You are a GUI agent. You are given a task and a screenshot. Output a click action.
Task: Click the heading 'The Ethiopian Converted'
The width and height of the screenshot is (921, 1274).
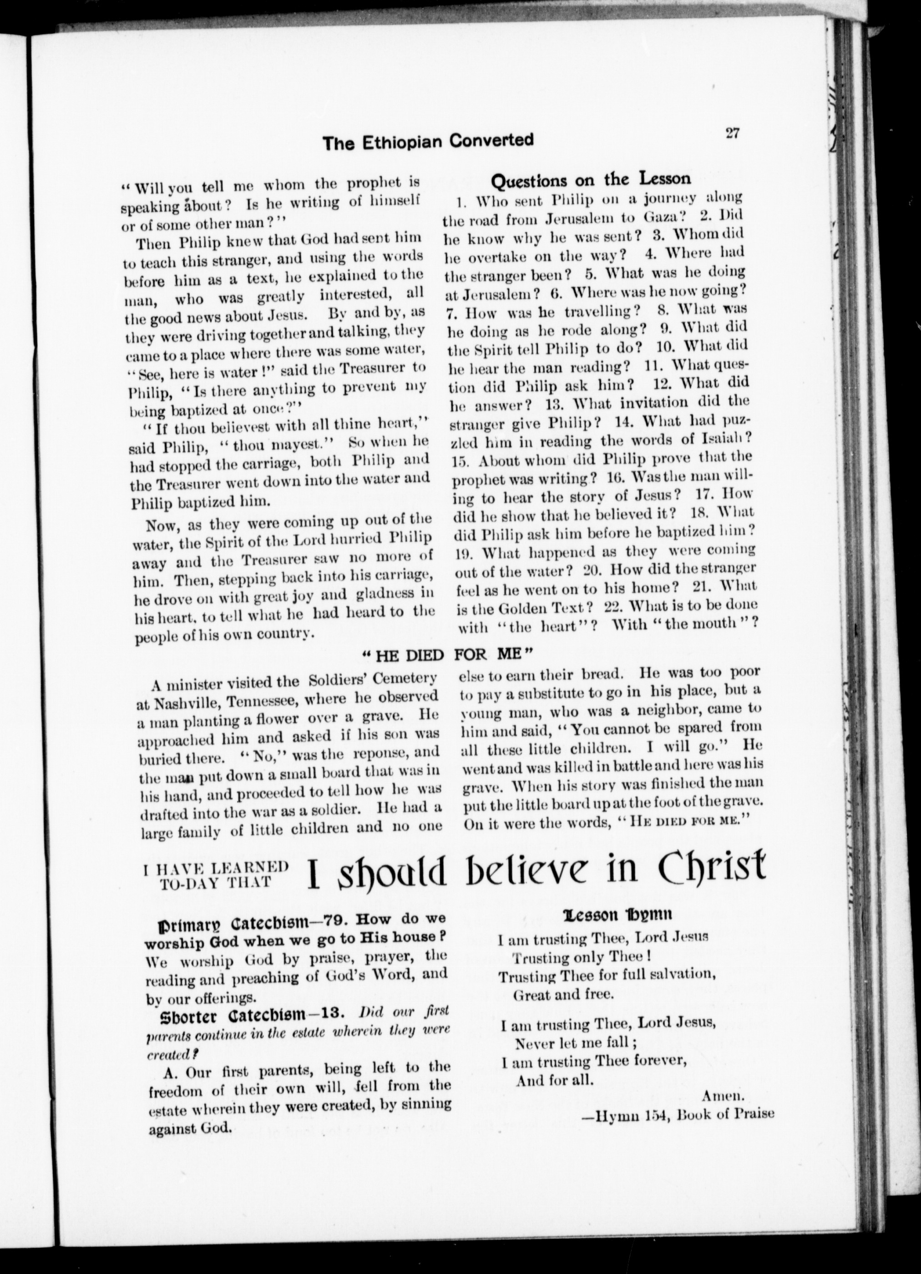coord(428,142)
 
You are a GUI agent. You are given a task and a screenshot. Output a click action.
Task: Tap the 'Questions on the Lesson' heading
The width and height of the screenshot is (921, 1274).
coord(591,180)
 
